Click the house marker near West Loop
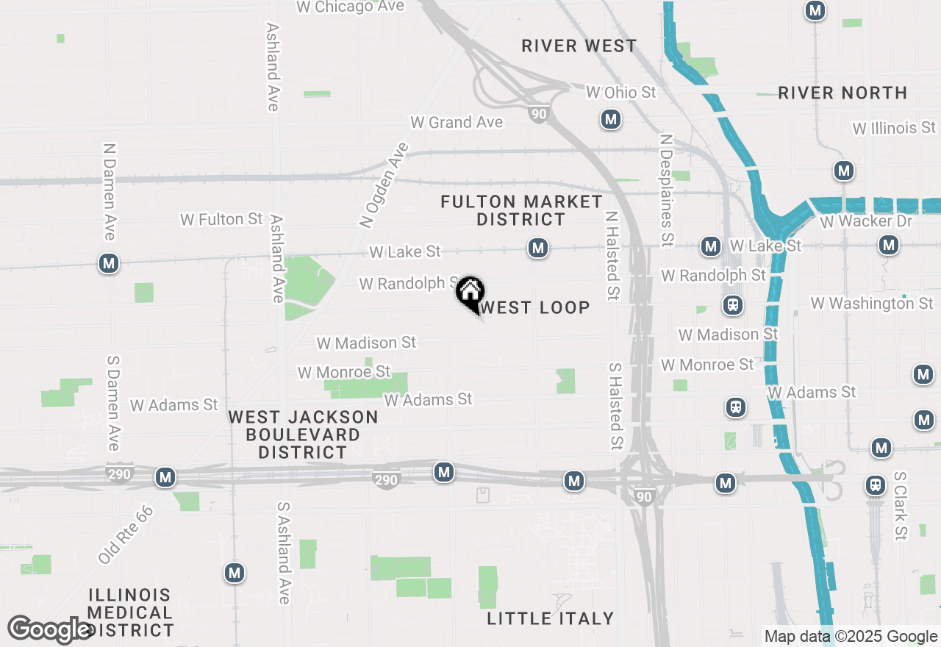[x=470, y=292]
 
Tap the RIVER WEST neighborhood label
[x=579, y=46]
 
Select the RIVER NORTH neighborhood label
[x=842, y=93]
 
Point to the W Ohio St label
[x=621, y=93]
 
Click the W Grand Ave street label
[x=457, y=123]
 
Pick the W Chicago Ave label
[x=351, y=7]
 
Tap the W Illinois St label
[x=895, y=128]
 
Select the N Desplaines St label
[x=667, y=190]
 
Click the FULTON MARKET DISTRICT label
[x=521, y=210]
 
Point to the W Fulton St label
[x=221, y=219]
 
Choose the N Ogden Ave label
[x=384, y=184]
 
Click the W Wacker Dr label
[x=866, y=221]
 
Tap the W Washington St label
[x=872, y=303]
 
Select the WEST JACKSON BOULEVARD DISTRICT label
[x=303, y=435]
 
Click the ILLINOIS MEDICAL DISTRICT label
[x=130, y=612]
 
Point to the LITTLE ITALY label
[x=551, y=618]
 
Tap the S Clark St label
[x=901, y=506]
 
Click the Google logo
[x=49, y=630]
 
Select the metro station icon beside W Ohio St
[x=610, y=119]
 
